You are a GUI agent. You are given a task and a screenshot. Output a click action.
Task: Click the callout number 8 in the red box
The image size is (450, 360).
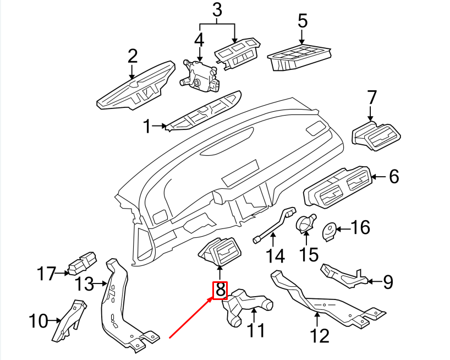pyautogui.click(x=220, y=289)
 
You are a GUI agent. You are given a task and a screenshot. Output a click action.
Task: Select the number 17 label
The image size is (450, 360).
pyautogui.click(x=47, y=272)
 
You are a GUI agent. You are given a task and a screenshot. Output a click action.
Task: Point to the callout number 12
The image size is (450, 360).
pyautogui.click(x=320, y=334)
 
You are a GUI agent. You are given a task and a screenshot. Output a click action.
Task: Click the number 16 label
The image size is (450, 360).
pyautogui.click(x=360, y=227)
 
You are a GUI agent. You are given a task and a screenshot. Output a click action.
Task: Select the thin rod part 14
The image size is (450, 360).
pyautogui.click(x=273, y=226)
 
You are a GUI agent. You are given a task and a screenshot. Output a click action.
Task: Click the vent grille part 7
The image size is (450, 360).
pyautogui.click(x=377, y=137)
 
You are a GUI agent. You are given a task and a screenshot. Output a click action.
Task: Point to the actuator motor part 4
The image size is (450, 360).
pyautogui.click(x=199, y=74)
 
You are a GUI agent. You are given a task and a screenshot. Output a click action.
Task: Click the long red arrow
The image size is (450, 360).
pyautogui.click(x=190, y=317)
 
